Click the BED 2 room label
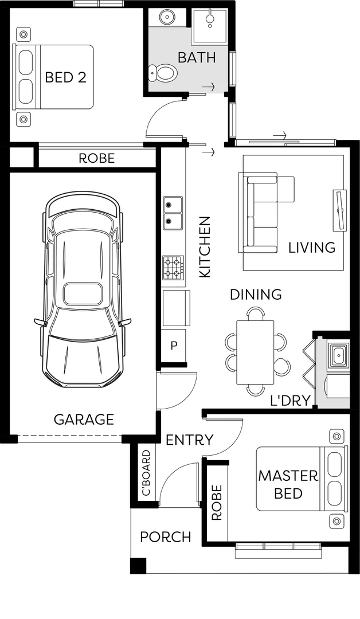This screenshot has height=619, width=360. (65, 77)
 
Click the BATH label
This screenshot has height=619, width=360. (196, 57)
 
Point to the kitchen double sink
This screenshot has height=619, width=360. (173, 213)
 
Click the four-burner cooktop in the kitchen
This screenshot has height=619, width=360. (174, 267)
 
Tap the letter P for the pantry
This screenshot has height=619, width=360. (173, 346)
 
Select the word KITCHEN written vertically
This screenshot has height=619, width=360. (205, 247)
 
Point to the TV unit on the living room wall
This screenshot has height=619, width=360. (340, 210)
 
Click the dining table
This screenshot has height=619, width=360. (255, 352)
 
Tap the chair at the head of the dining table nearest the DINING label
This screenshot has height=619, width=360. (256, 314)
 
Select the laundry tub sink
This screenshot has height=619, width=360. (338, 355)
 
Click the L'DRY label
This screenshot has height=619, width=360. (290, 401)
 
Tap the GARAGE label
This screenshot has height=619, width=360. (84, 420)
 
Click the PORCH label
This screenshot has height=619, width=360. (166, 537)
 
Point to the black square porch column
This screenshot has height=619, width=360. (138, 566)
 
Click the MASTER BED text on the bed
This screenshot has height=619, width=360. (288, 484)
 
